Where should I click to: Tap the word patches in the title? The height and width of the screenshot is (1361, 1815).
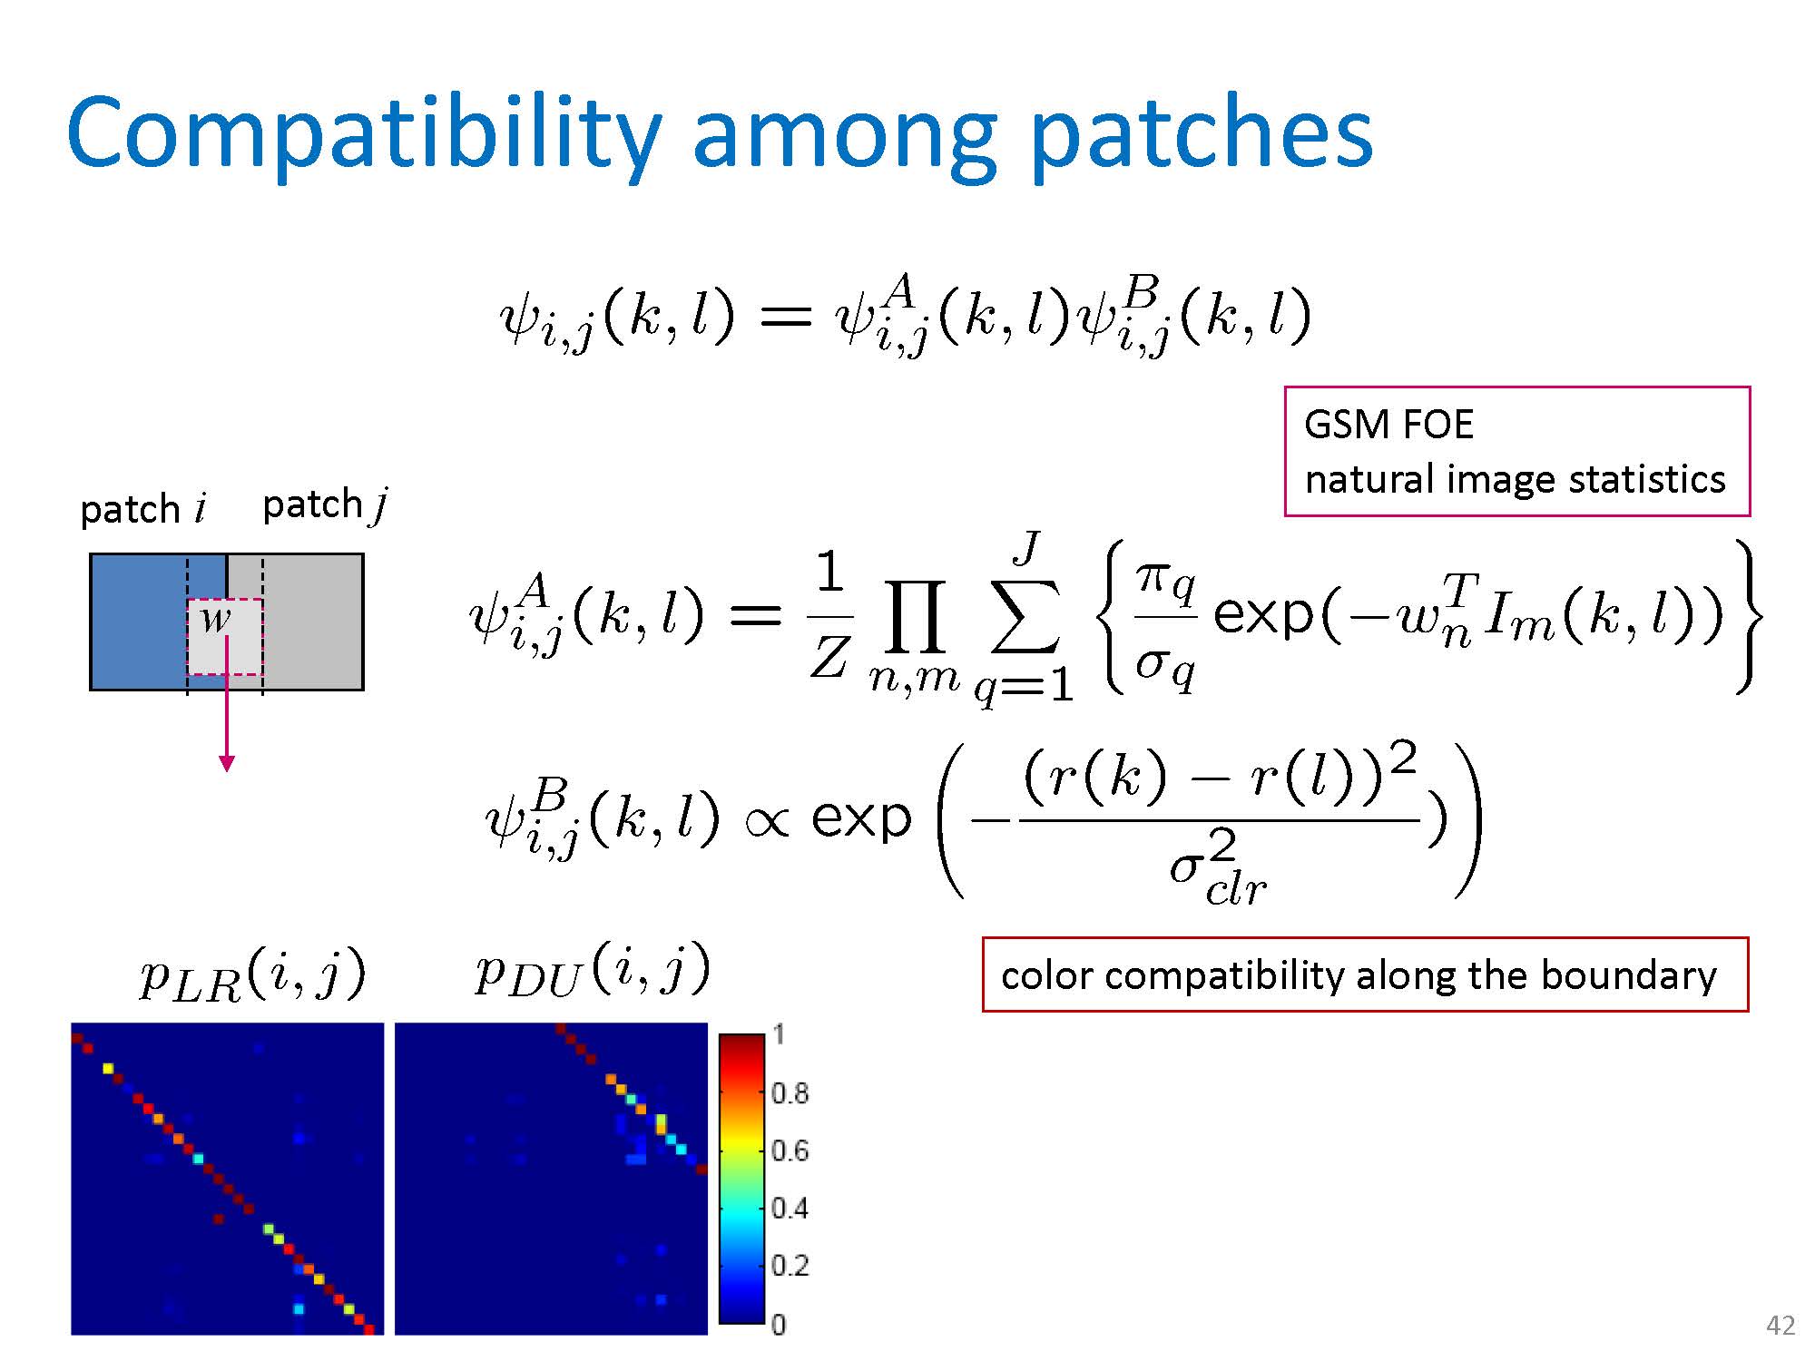(1202, 136)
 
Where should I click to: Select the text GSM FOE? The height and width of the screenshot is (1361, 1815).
(1388, 425)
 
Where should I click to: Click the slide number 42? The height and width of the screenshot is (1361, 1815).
(1781, 1327)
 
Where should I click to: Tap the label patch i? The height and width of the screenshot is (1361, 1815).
(143, 509)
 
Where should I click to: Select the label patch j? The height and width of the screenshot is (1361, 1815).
(325, 504)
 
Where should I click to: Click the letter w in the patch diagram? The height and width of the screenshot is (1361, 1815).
(216, 619)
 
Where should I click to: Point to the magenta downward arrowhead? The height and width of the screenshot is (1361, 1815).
(227, 763)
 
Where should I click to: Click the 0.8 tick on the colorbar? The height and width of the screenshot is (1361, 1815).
(789, 1093)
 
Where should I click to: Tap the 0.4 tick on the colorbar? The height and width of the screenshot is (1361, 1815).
(789, 1209)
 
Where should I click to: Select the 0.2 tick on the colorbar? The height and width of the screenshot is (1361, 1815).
(789, 1266)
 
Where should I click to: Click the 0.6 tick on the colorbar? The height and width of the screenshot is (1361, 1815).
(789, 1150)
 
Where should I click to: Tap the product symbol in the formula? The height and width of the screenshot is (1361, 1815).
(914, 617)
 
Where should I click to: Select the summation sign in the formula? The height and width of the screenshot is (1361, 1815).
(1025, 617)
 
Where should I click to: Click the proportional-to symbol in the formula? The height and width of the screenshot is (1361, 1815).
(768, 820)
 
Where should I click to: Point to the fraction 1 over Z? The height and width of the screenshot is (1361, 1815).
(829, 617)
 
